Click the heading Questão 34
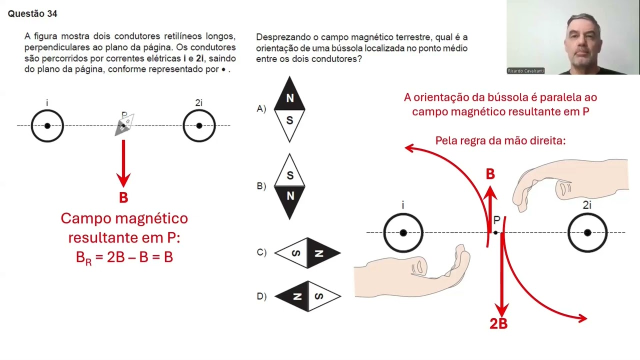[32, 14]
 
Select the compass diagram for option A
[289, 109]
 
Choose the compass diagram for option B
[289, 186]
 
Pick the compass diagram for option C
[307, 253]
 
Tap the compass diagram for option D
[307, 296]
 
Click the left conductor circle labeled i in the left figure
[47, 125]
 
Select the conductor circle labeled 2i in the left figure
[199, 125]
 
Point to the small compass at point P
[124, 124]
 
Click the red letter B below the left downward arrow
[123, 198]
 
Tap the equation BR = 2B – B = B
[124, 257]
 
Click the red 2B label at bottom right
[498, 324]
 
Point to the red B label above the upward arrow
[490, 174]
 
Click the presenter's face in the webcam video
[582, 42]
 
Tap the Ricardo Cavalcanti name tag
[525, 71]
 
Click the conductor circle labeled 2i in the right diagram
[587, 232]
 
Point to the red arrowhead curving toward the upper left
[409, 147]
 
